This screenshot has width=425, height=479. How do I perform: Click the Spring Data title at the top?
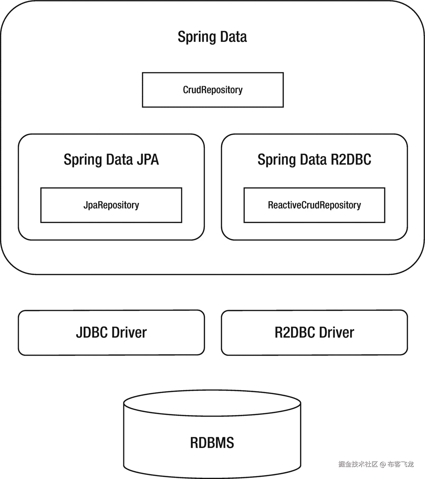coord(212,37)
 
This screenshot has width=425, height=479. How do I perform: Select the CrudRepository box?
coord(213,90)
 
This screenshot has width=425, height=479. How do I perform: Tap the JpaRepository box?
coord(111,205)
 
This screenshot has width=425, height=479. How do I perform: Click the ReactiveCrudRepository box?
coord(314,205)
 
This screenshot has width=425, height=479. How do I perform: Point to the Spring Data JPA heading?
coord(111,159)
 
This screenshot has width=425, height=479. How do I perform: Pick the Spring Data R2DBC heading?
coord(314,159)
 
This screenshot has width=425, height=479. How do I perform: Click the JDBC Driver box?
coord(111,332)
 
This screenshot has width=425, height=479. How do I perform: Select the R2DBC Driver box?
coord(314,332)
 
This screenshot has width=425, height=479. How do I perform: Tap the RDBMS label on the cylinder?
coord(212,443)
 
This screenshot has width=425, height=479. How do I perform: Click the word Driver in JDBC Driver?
coord(129,332)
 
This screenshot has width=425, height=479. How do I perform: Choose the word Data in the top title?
coord(233,37)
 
